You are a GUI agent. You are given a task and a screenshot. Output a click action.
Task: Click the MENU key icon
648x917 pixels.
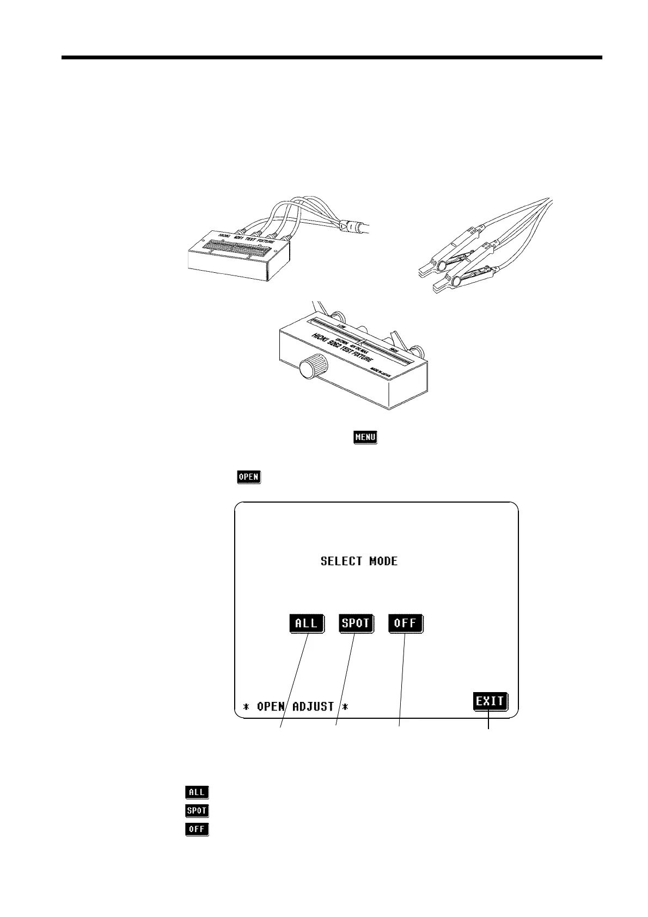click(365, 437)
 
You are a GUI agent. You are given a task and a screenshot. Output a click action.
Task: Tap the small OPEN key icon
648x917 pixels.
click(248, 477)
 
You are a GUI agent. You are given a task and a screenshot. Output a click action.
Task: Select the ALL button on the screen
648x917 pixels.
click(306, 623)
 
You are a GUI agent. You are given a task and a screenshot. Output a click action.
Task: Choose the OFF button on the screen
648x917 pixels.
click(405, 623)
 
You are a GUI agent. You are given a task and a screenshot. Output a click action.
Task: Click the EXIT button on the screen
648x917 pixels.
click(490, 701)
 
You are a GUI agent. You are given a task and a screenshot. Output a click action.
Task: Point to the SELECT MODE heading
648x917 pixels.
click(359, 561)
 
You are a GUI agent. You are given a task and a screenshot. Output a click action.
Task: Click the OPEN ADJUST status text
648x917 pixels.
click(295, 707)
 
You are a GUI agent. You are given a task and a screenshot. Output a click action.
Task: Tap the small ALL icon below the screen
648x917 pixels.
click(197, 792)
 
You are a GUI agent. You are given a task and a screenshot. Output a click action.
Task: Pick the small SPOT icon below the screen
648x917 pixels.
click(197, 811)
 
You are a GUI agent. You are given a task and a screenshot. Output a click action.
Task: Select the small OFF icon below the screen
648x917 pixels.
click(197, 829)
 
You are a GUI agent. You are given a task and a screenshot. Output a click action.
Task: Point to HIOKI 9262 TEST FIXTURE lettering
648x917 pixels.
click(342, 349)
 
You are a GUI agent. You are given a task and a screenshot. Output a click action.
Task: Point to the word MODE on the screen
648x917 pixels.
click(383, 561)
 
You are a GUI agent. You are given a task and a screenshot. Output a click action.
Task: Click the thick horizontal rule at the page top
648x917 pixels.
click(332, 57)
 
